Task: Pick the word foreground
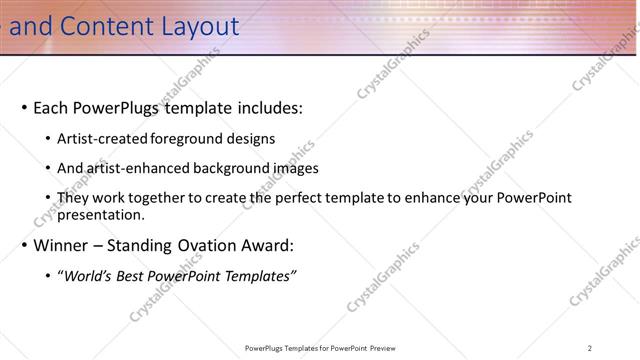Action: [x=190, y=139]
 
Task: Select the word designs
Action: [x=252, y=139]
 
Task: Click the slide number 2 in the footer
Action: [x=589, y=348]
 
